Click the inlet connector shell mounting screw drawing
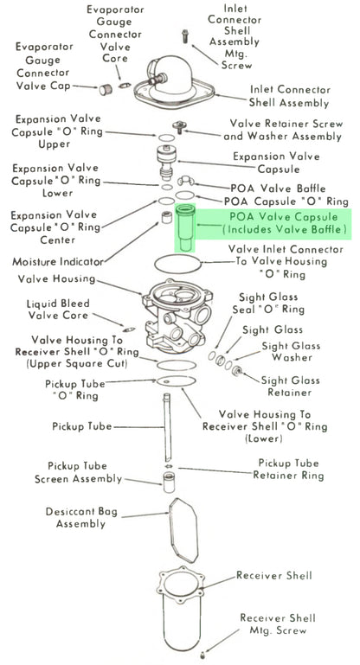click(184, 36)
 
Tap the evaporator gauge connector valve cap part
click(106, 90)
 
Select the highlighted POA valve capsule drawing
click(185, 227)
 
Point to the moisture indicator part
click(165, 217)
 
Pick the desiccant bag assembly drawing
click(183, 530)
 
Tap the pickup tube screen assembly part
click(169, 483)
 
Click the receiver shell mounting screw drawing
click(202, 655)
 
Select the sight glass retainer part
click(238, 371)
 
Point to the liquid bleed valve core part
click(129, 329)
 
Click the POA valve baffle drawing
click(186, 181)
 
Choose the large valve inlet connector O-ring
click(177, 265)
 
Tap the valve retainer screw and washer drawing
click(180, 126)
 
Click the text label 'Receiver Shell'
click(273, 575)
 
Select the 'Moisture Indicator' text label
click(58, 262)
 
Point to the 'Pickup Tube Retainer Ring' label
click(288, 469)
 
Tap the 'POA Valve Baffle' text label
click(278, 189)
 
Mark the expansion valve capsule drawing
click(168, 163)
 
